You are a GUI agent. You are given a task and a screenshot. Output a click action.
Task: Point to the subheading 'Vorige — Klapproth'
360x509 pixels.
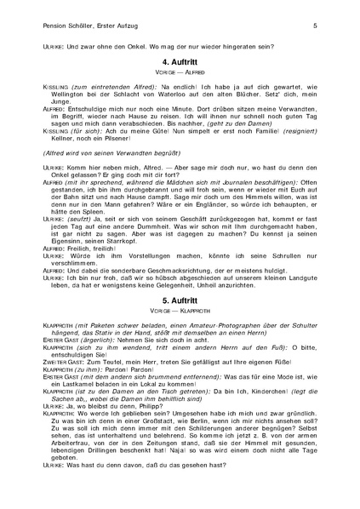point(180,313)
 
